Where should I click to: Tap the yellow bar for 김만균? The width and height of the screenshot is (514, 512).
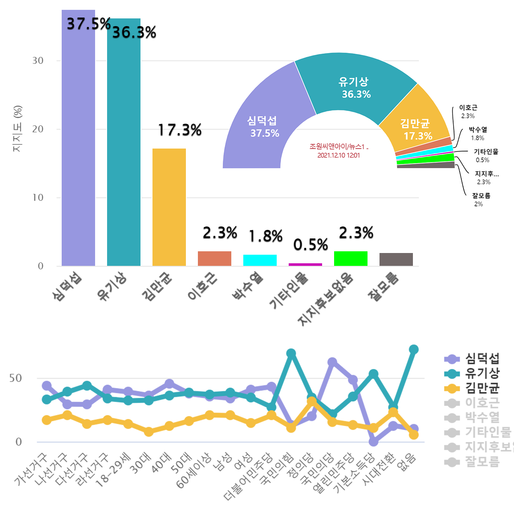(169, 207)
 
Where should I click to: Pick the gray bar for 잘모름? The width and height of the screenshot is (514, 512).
(396, 259)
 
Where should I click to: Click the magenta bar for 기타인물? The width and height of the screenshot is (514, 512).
(305, 265)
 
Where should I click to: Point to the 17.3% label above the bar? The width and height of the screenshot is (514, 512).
(180, 130)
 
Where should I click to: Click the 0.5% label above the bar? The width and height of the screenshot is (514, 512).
(311, 245)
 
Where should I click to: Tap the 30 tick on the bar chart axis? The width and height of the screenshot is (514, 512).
(38, 61)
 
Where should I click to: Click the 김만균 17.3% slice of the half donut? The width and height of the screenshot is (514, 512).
(415, 128)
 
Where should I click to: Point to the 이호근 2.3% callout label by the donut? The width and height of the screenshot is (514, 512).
(468, 111)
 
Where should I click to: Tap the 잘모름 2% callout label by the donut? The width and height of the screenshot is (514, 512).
(481, 199)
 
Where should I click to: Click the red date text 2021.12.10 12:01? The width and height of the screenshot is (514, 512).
(338, 155)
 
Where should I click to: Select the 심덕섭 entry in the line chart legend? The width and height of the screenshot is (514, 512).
(482, 359)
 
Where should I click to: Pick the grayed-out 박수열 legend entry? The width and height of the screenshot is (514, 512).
(482, 417)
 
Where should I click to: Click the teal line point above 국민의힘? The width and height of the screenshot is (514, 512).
(291, 354)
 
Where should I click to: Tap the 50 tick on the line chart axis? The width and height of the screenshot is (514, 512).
(16, 378)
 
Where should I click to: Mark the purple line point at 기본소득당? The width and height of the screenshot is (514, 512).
(374, 441)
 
